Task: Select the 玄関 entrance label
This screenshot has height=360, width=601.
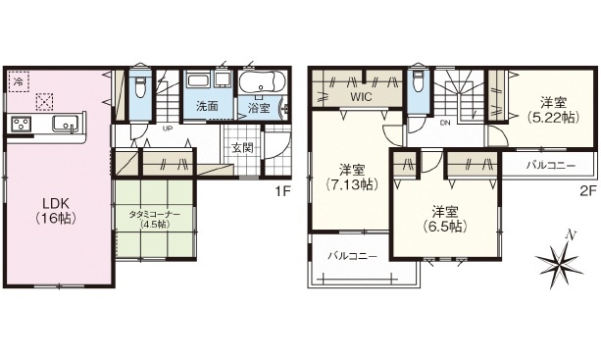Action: pos(242,147)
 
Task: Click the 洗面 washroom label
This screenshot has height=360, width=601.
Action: pos(207,106)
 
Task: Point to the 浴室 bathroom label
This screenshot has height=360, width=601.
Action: pos(259,108)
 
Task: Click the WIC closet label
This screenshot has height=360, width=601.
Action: pos(361,96)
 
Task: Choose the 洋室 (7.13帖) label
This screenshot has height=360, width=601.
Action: pos(352,178)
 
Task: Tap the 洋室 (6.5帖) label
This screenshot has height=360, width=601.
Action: pos(445,219)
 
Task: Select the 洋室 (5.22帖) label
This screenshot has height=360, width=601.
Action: pos(552,110)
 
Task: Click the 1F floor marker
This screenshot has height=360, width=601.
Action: pos(283,191)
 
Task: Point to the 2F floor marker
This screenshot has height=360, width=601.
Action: pos(588,190)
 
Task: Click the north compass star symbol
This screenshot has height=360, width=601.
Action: pos(560,261)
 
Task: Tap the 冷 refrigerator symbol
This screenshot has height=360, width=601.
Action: pos(18,81)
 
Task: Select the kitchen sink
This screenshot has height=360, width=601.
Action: pos(67,124)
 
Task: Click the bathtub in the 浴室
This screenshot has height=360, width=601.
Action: pos(262,80)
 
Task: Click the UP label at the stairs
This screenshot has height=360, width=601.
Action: pos(167,129)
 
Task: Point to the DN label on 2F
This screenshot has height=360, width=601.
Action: pos(444,123)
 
